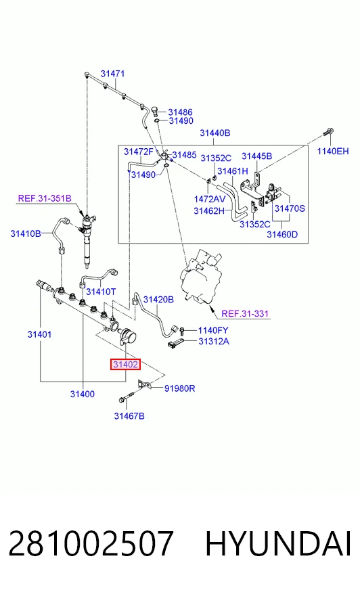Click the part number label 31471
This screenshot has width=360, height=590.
[112, 74]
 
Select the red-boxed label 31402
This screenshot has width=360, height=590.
[126, 364]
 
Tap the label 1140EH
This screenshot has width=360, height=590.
[333, 152]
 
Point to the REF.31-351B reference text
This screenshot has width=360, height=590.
[45, 198]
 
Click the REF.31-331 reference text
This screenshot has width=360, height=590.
[245, 313]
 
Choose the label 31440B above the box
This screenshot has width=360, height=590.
[215, 133]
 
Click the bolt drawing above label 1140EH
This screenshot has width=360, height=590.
[328, 133]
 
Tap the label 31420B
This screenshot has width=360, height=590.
[159, 300]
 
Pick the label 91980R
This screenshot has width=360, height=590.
[180, 388]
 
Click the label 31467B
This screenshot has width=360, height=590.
[129, 416]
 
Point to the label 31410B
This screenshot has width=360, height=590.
[26, 233]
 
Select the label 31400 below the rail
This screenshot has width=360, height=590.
[83, 394]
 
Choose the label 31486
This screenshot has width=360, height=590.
[180, 112]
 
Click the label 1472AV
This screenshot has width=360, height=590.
[210, 199]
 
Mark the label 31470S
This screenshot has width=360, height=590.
[290, 208]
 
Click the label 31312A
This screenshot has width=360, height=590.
[214, 341]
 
